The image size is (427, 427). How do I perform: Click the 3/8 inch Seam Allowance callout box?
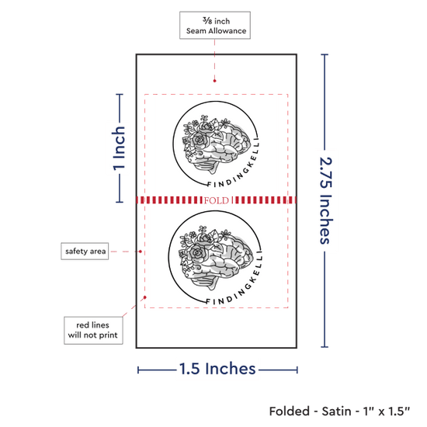215,25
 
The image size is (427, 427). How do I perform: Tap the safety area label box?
85,251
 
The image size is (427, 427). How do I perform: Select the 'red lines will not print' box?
93,330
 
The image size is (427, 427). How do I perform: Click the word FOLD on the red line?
217,200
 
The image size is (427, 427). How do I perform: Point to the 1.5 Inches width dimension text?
217,369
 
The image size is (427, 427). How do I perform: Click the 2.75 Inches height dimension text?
326,200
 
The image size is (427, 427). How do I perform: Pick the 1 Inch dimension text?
119,148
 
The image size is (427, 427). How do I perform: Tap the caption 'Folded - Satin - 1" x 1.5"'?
339,411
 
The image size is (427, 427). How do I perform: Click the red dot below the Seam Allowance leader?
214,81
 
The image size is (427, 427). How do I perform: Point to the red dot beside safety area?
141,252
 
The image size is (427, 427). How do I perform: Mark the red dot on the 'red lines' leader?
145,297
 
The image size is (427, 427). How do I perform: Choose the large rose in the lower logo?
196,253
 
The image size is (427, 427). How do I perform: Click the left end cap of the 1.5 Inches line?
138,370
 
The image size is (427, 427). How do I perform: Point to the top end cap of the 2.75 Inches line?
325,55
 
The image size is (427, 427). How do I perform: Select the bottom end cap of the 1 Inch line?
120,202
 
